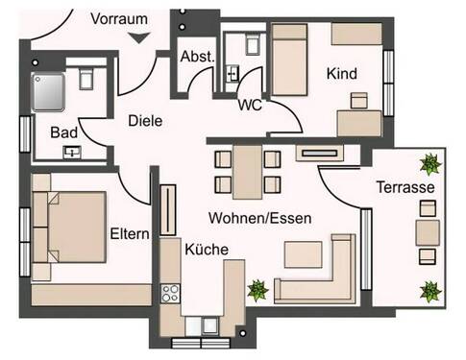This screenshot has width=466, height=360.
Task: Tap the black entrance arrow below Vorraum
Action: click(x=141, y=37)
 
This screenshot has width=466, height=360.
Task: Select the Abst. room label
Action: click(x=197, y=58)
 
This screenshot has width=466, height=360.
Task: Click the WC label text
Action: click(x=251, y=105)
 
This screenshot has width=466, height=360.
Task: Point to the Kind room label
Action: click(x=342, y=74)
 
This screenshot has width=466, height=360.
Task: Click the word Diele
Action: click(x=145, y=122)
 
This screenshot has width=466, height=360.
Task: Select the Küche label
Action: click(x=206, y=250)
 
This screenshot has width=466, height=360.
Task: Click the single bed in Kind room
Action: click(x=287, y=60)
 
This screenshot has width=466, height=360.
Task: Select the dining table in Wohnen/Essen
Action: click(x=248, y=170)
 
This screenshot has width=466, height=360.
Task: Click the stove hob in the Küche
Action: click(x=171, y=292)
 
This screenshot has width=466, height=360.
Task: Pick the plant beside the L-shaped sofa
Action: click(x=257, y=287)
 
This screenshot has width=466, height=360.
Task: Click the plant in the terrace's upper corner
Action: click(x=429, y=162)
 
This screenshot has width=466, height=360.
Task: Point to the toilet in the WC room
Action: click(x=253, y=43)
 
